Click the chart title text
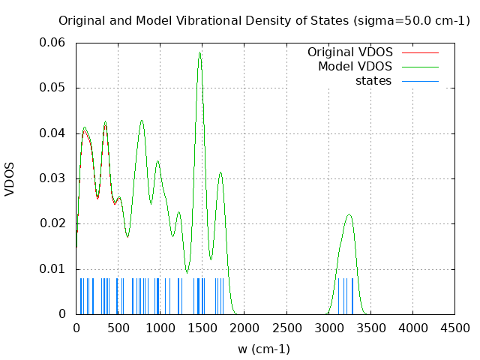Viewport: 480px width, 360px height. coord(264,20)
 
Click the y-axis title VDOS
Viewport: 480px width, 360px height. coord(10,178)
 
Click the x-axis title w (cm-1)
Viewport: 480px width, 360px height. coord(264,349)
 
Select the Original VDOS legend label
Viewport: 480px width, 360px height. coord(349,52)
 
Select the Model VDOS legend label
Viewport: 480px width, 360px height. coord(355,67)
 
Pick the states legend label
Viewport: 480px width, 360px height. coord(373,81)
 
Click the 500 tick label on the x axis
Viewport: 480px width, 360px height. coord(118,328)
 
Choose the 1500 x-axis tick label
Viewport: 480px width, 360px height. coord(202,328)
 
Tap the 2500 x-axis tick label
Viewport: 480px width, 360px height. coord(286,328)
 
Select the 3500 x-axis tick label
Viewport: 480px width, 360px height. coord(370,328)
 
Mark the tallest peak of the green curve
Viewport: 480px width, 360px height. coord(199,52)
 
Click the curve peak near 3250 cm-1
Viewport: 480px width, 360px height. coord(349,214)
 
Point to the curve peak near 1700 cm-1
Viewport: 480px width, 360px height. coord(220,172)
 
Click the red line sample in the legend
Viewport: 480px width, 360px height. coord(420,52)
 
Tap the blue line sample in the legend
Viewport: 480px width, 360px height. coord(420,81)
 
